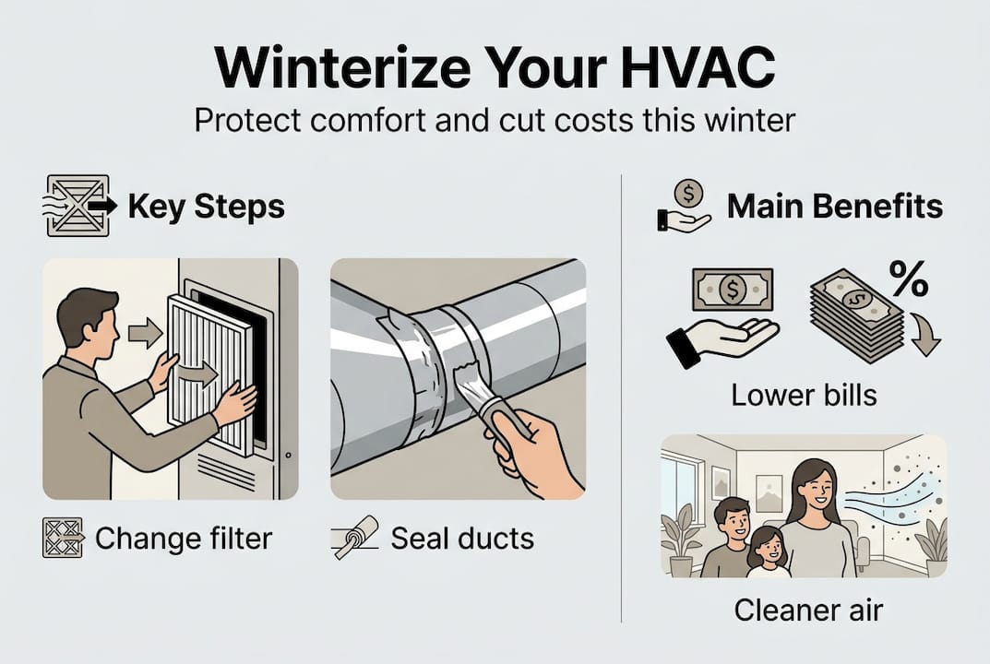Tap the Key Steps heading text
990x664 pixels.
[x=206, y=207]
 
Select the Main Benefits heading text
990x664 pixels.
[x=835, y=207]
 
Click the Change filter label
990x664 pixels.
[x=184, y=538]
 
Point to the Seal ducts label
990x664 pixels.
[x=462, y=538]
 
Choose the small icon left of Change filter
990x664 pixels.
[x=63, y=538]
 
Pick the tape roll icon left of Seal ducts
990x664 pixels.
[x=354, y=538]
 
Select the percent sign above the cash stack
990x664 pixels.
[x=908, y=279]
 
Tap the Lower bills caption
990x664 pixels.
[x=803, y=396]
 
